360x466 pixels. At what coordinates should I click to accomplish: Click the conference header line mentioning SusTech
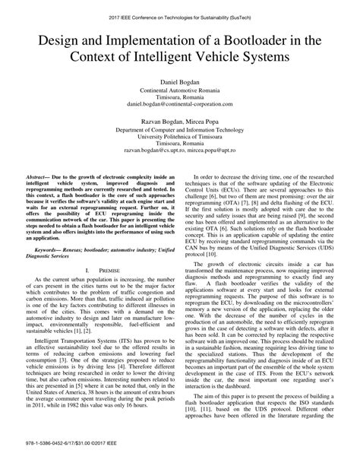point(180,7)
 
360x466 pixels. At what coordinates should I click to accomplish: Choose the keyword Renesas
point(93,248)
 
